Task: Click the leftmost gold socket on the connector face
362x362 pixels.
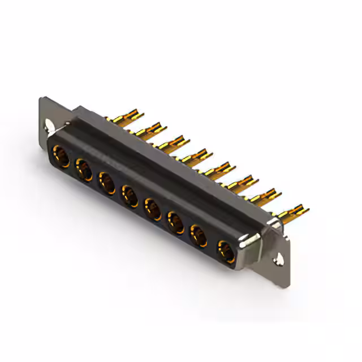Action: point(61,156)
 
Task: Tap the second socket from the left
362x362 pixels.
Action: point(84,170)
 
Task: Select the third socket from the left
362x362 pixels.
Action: point(107,183)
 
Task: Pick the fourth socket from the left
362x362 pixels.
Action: point(130,196)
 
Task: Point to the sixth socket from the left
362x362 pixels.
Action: point(176,222)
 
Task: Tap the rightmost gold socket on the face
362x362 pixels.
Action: point(226,249)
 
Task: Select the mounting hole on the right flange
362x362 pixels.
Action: point(279,261)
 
